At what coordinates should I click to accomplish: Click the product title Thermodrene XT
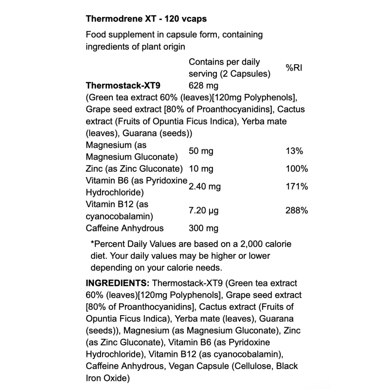146,19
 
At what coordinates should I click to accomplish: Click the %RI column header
295,68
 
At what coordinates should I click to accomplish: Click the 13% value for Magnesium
295,151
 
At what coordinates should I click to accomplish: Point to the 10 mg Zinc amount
200,169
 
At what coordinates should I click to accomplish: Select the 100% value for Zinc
297,169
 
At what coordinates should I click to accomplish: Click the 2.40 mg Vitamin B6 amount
205,187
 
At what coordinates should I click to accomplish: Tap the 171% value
297,187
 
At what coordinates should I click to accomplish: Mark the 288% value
297,210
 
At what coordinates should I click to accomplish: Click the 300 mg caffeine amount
203,228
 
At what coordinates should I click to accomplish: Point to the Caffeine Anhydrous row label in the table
124,228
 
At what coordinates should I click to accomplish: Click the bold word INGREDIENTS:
118,283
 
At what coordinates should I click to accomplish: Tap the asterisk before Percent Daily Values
92,244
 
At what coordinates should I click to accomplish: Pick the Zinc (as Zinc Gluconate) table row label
134,169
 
